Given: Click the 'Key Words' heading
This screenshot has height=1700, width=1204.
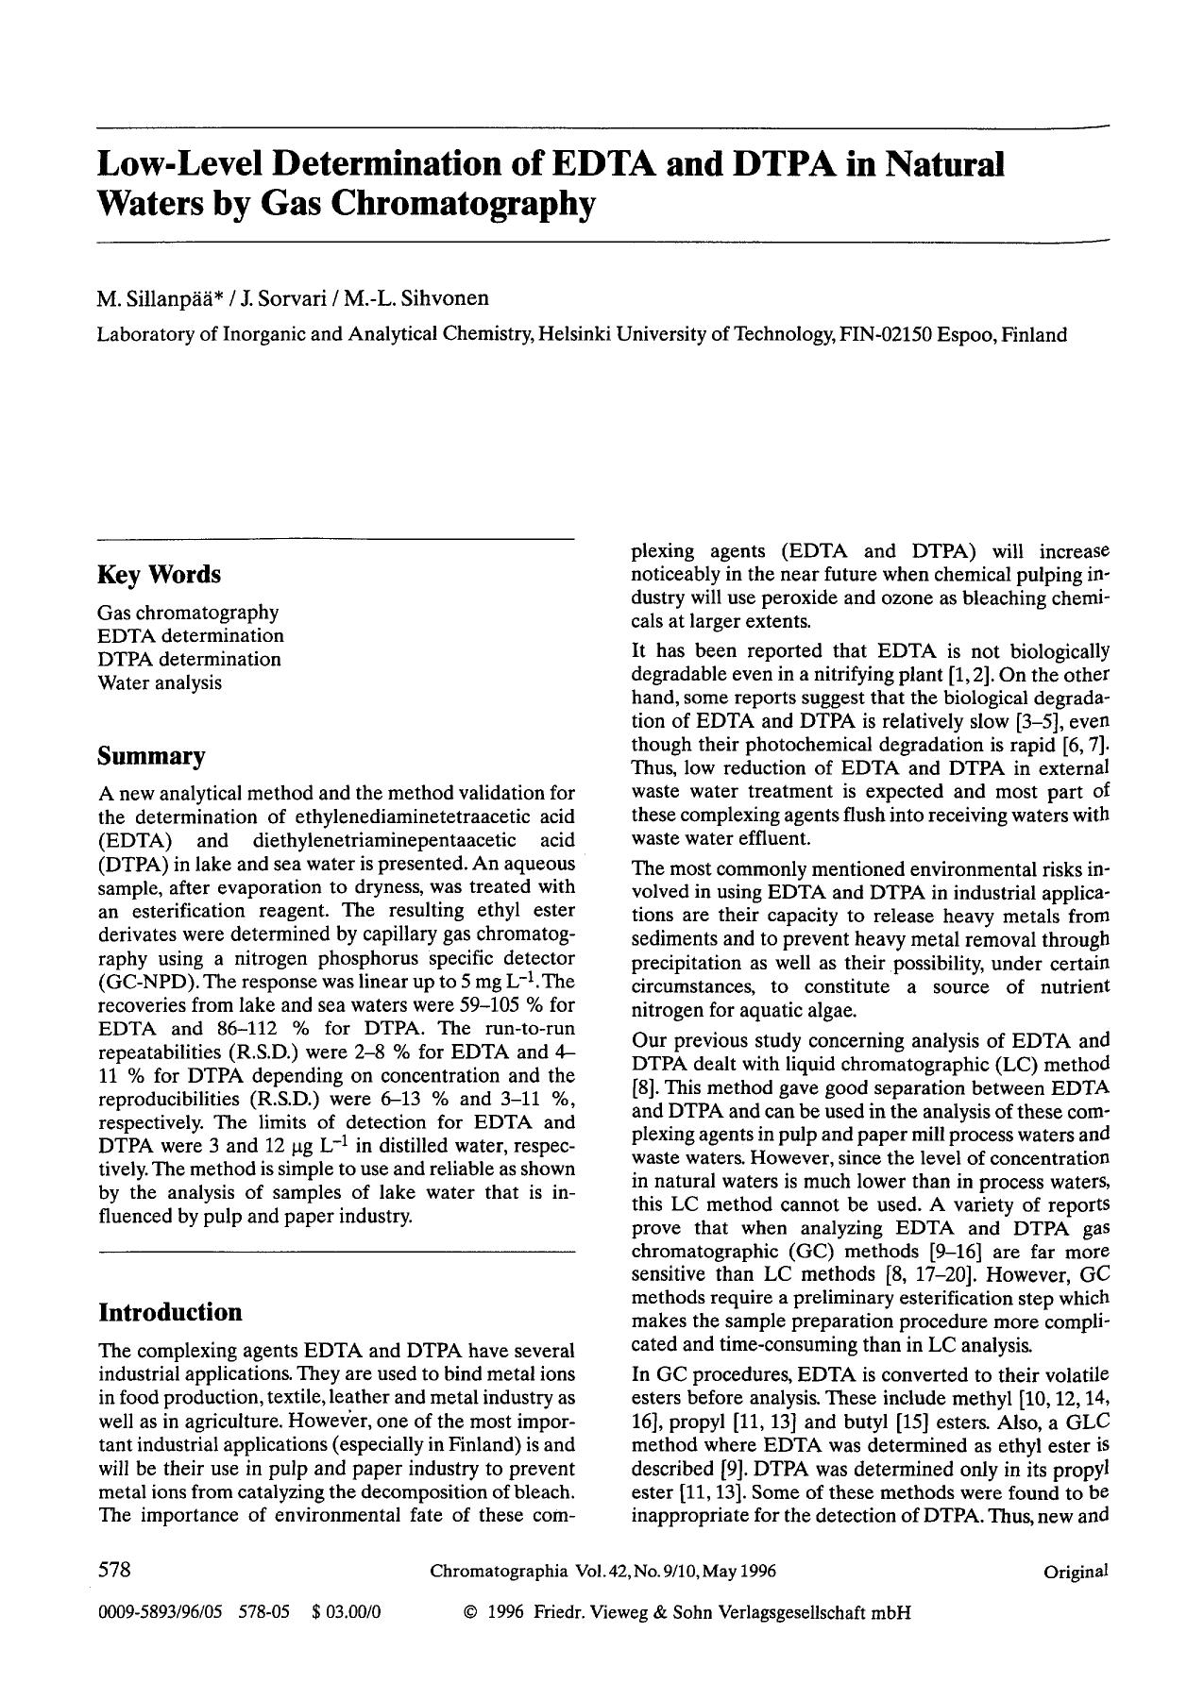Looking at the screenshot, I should [159, 575].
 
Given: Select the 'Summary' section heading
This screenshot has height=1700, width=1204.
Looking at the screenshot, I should [152, 757].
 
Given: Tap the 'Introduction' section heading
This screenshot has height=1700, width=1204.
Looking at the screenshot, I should [170, 1313].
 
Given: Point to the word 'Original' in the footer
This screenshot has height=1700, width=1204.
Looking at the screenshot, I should [1075, 1572].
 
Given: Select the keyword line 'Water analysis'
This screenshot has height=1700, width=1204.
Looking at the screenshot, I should [160, 682].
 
